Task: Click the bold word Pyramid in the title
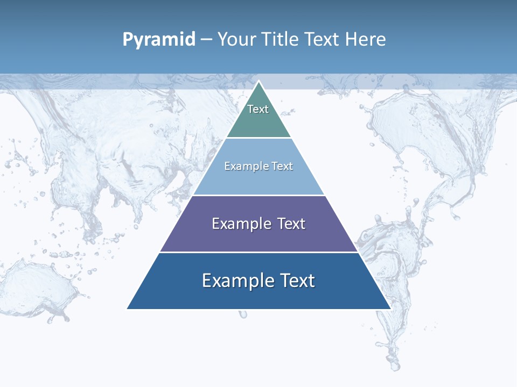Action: pyautogui.click(x=159, y=40)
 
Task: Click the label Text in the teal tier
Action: pyautogui.click(x=258, y=109)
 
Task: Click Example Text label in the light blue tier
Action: pyautogui.click(x=258, y=166)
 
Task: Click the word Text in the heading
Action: pyautogui.click(x=323, y=40)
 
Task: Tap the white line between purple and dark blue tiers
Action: pyautogui.click(x=258, y=252)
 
